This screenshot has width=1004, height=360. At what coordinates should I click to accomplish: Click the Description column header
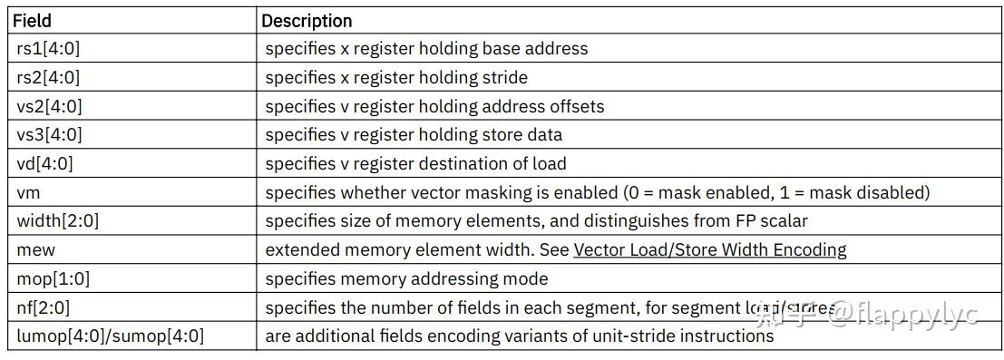pos(307,20)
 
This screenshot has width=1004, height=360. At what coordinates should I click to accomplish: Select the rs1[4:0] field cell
pos(49,49)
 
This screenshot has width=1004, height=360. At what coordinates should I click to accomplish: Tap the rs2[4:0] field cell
pos(49,78)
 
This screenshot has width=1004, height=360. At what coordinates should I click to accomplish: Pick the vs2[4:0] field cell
pos(50,107)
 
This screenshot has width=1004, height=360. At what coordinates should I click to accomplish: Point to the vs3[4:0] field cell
pos(50,135)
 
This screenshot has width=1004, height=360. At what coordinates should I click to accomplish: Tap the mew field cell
pos(33,250)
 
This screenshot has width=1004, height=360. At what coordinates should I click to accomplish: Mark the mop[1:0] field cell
pos(53,278)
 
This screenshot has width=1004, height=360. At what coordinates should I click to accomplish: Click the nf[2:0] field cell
pos(44,307)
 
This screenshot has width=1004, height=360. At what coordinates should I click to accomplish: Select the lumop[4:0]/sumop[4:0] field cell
pos(111,336)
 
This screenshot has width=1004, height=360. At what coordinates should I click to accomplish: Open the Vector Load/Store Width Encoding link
pos(710,250)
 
